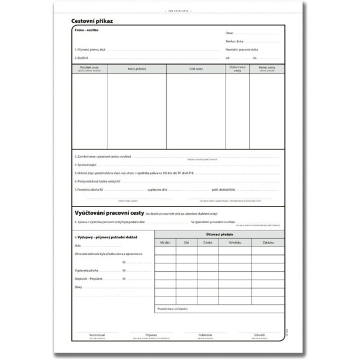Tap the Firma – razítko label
point(86,29)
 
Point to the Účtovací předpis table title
point(219,234)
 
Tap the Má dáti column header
point(166,242)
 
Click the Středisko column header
point(235,242)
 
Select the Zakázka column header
point(268,242)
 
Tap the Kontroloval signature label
point(97,334)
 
